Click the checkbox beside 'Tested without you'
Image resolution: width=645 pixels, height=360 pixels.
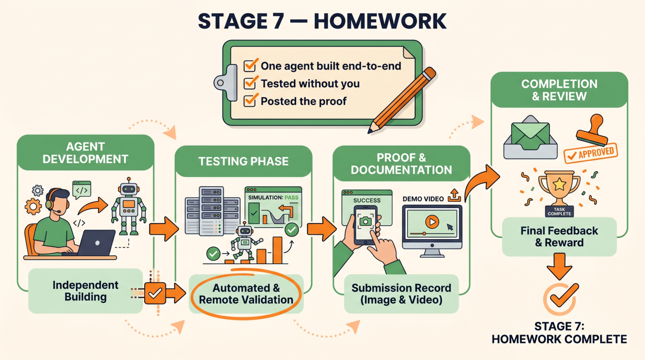(249, 83)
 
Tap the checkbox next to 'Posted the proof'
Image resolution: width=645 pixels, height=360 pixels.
(249, 101)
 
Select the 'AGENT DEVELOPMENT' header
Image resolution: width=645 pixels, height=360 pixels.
(85, 153)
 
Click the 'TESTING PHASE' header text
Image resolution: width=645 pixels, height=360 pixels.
(243, 162)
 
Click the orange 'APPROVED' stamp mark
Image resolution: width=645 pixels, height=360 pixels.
(590, 153)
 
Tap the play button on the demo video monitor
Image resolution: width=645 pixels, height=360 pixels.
(432, 222)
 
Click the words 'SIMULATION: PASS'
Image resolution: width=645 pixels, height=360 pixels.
(273, 198)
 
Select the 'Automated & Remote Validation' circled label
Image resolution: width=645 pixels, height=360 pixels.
(246, 294)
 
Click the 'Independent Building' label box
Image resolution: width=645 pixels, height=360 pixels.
(86, 291)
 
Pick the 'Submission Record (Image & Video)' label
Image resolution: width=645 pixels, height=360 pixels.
(401, 294)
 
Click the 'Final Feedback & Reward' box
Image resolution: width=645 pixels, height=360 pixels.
(559, 236)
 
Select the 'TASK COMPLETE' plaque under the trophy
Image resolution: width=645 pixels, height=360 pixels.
(559, 211)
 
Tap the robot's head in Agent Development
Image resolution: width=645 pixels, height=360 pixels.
(129, 189)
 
